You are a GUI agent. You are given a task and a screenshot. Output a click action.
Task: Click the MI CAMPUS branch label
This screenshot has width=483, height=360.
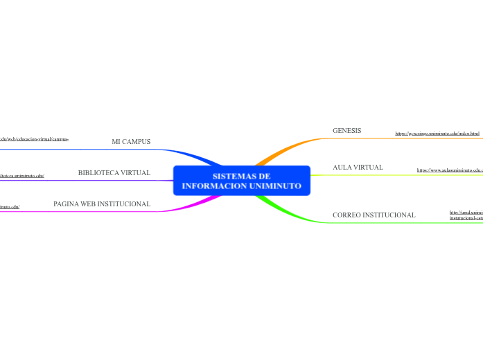click(131, 142)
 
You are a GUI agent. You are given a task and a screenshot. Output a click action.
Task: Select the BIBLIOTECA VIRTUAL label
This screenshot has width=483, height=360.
click(114, 173)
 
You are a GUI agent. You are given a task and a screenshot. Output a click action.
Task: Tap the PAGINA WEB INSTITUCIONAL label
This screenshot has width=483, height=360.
click(102, 204)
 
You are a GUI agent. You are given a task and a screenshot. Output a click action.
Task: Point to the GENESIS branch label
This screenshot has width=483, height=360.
click(346, 131)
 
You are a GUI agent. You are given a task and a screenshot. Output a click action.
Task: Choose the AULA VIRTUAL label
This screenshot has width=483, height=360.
click(358, 168)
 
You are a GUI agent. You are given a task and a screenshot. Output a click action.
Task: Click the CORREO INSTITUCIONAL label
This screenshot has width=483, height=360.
click(374, 215)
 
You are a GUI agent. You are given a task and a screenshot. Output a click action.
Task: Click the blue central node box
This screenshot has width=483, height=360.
click(241, 181)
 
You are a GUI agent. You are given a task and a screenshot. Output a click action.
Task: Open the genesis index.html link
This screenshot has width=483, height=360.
click(437, 133)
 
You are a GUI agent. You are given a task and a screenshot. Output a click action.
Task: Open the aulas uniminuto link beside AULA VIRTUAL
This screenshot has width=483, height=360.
click(449, 170)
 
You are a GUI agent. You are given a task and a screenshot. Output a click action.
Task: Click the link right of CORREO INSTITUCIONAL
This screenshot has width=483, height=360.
click(466, 215)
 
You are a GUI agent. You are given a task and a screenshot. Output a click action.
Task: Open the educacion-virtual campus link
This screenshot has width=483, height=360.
click(34, 139)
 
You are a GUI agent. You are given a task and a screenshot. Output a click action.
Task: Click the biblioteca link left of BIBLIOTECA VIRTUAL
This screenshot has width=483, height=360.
click(21, 176)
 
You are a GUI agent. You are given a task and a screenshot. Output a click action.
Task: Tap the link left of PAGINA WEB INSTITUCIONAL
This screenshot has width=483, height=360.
click(10, 206)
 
